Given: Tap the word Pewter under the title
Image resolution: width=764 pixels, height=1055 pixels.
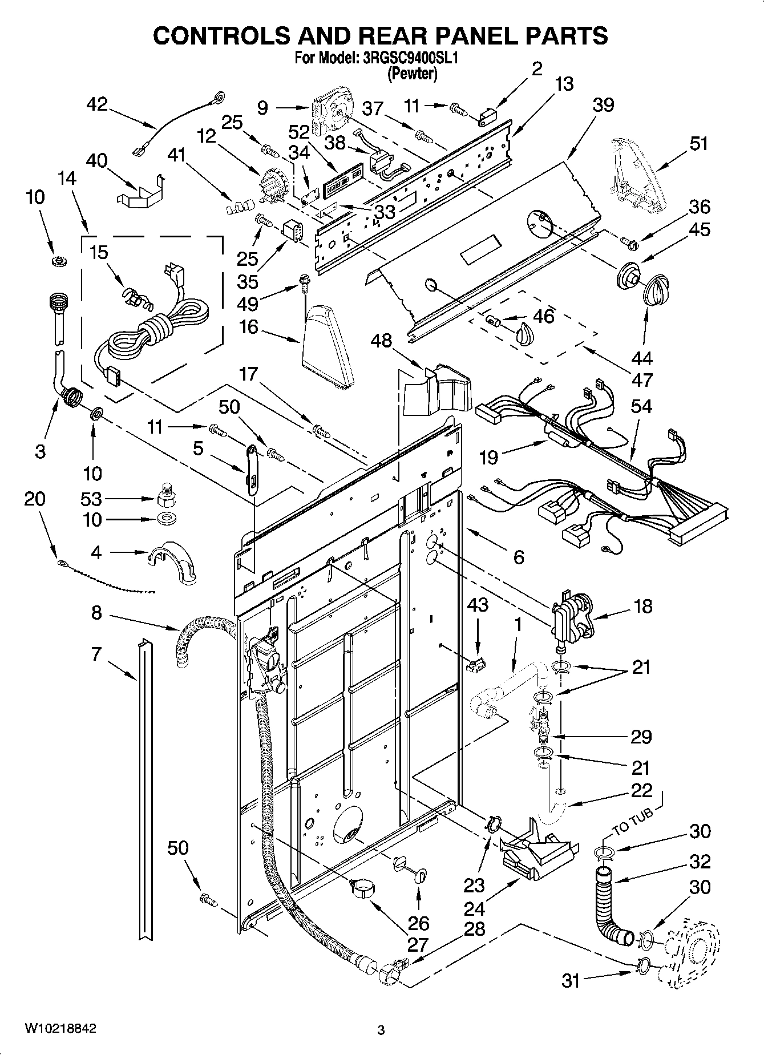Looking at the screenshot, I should (x=412, y=74).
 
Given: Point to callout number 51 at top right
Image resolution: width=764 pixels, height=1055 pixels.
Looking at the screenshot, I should (x=698, y=143).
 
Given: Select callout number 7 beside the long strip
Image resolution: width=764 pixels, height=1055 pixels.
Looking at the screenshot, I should (x=96, y=653).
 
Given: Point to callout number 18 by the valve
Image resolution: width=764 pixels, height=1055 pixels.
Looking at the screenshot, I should (x=642, y=606).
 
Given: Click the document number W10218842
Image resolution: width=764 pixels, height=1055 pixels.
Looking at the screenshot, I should (x=60, y=1029).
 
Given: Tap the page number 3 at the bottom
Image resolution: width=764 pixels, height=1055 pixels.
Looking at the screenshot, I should (x=381, y=1030).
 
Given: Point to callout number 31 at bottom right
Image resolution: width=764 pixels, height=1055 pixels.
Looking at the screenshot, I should (x=570, y=981).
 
